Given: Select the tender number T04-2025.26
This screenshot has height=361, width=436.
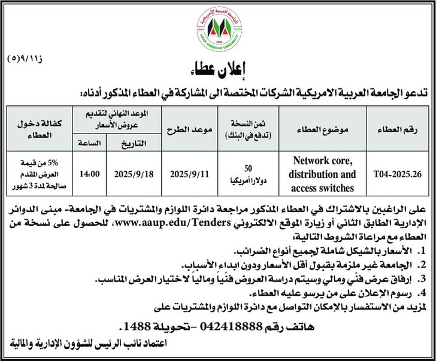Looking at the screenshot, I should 394,173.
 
